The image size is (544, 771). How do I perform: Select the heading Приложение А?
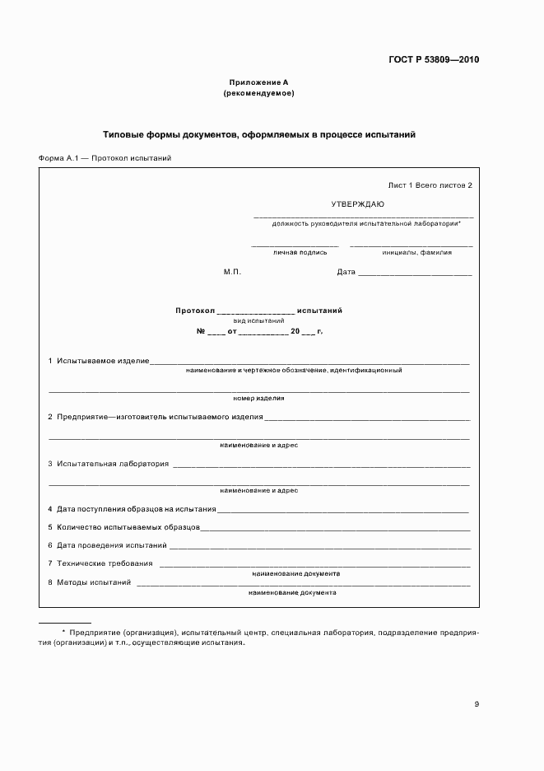pos(258,82)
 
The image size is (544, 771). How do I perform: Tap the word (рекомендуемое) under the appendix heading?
pos(258,93)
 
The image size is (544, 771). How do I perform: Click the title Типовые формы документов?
pos(259,133)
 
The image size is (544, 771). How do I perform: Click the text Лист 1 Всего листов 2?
pos(430,185)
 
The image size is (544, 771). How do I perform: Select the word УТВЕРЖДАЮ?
pos(357,203)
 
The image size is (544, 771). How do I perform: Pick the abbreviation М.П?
pos(232,272)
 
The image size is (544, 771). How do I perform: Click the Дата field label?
pos(346,272)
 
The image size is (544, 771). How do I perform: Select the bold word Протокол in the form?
pos(194,311)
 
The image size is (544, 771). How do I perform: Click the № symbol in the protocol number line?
pos(200,331)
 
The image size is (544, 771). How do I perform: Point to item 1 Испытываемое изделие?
pos(98,361)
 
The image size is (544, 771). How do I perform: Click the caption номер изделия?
pos(258,398)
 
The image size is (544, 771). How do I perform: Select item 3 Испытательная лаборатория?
pos(108,464)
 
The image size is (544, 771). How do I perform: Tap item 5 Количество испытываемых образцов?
pos(123,526)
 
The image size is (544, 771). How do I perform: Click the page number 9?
pos(477,704)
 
